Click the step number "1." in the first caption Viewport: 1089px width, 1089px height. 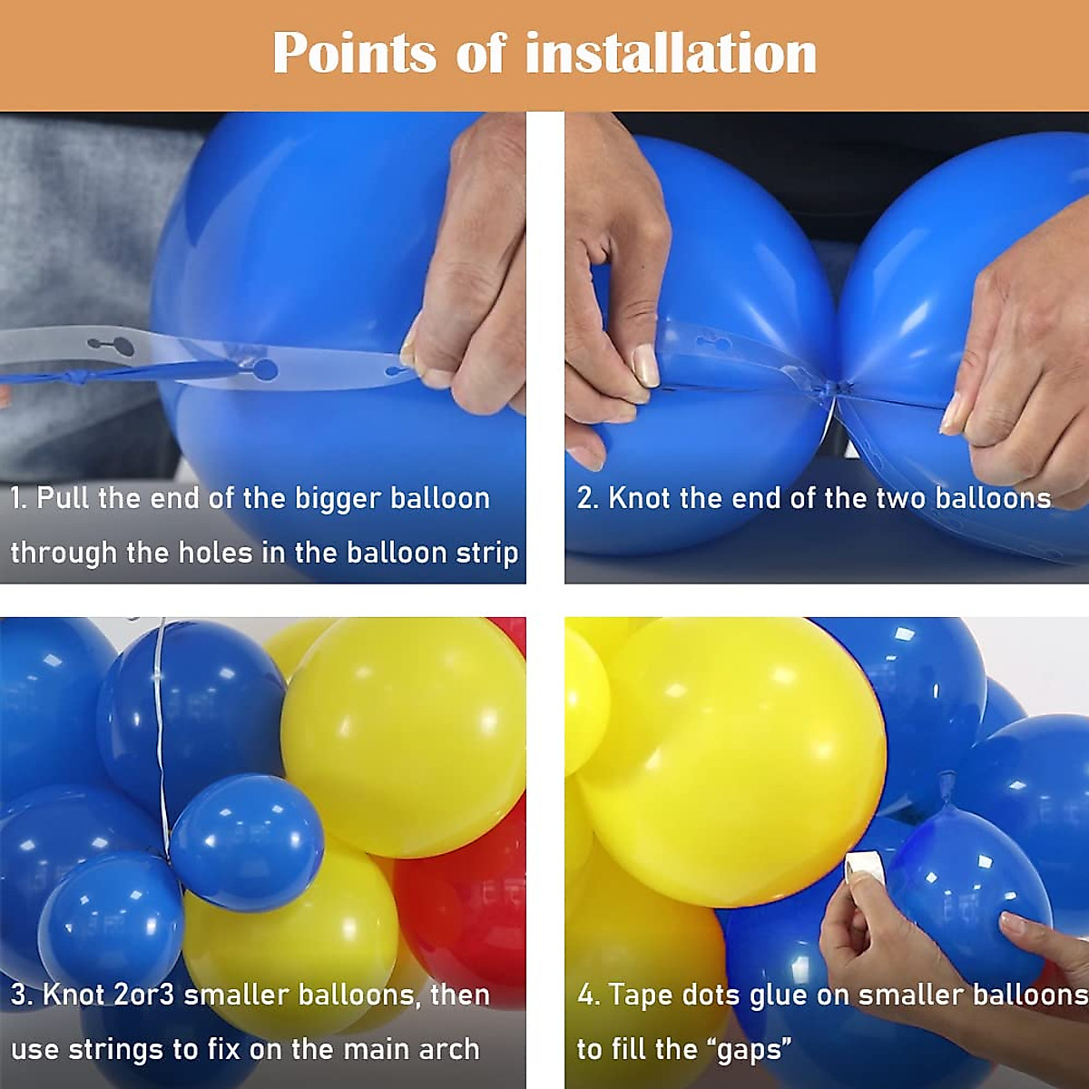[19, 498]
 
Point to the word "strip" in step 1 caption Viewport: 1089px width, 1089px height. [486, 553]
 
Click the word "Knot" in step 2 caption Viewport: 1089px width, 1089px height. [639, 498]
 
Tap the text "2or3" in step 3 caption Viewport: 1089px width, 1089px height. [144, 995]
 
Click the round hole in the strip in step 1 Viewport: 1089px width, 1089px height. [265, 369]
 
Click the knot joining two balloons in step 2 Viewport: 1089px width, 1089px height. [829, 389]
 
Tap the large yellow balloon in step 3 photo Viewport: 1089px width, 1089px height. [404, 735]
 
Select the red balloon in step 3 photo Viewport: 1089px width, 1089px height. [463, 907]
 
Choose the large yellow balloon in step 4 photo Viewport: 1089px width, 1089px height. [735, 762]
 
